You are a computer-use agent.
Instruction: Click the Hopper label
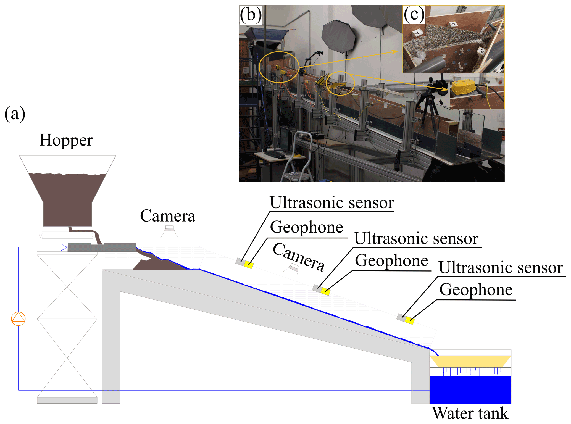66,140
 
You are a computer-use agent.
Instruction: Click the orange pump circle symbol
18,318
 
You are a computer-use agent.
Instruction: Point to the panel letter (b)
251,15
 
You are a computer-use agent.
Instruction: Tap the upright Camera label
167,216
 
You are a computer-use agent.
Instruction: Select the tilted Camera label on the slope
299,257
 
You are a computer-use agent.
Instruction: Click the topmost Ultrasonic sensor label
331,202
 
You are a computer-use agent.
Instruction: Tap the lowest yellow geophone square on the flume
410,320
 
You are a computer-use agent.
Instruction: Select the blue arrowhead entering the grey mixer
65,247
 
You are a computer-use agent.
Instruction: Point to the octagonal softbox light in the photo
339,36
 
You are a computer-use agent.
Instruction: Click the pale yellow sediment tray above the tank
470,361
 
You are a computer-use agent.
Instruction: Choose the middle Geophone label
391,260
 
